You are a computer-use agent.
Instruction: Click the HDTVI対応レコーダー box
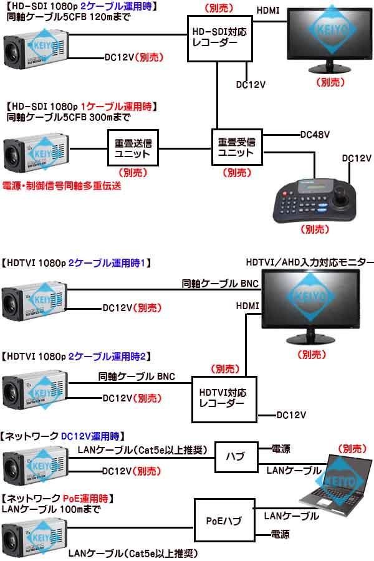pos(222,398)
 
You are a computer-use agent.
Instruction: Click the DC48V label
pos(315,134)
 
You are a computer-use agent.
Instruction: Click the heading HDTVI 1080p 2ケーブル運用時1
pos(74,263)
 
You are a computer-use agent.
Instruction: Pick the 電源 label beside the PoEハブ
pos(280,534)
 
